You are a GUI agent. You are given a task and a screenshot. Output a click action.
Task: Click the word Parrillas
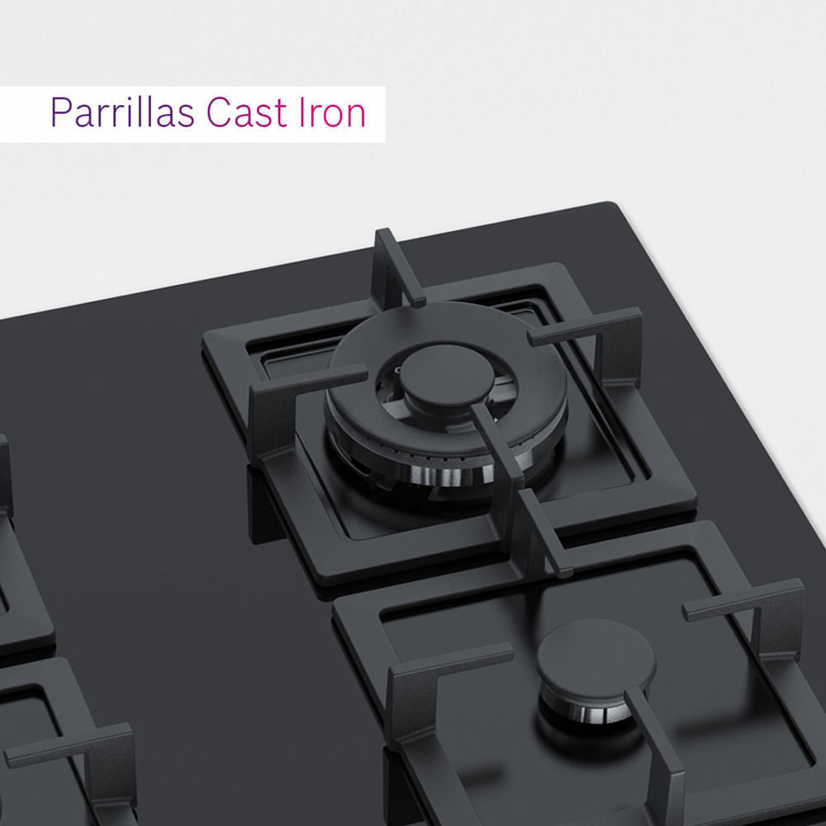[122, 112]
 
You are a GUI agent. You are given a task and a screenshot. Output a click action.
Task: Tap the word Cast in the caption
[247, 112]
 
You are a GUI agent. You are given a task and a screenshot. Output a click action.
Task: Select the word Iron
[332, 112]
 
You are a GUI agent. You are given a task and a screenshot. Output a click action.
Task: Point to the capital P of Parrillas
[61, 112]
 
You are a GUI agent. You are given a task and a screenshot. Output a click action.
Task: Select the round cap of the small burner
[596, 658]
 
